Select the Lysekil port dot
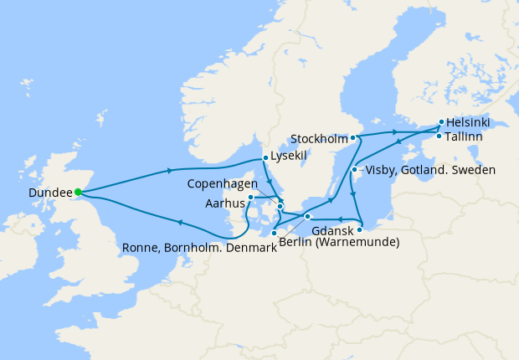pos(265,157)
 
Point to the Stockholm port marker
pos(353,137)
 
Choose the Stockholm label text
pos(318,137)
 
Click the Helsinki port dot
pos(441,121)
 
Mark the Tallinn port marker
pos(439,136)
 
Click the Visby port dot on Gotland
pos(354,170)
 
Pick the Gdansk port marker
pos(360,229)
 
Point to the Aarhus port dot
pos(250,198)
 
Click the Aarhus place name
pos(224,203)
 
